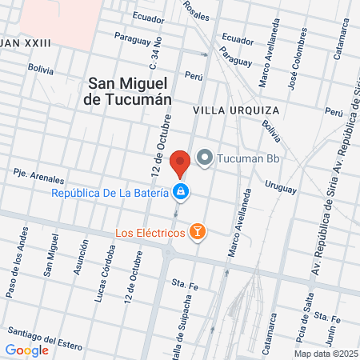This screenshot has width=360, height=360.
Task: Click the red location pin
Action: [x=180, y=162]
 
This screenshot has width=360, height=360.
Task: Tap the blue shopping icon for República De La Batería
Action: [x=182, y=192]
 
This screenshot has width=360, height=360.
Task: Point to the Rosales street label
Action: [x=196, y=10]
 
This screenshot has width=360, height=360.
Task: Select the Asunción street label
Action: [x=80, y=261]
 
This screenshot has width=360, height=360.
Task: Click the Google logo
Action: [x=26, y=350]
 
